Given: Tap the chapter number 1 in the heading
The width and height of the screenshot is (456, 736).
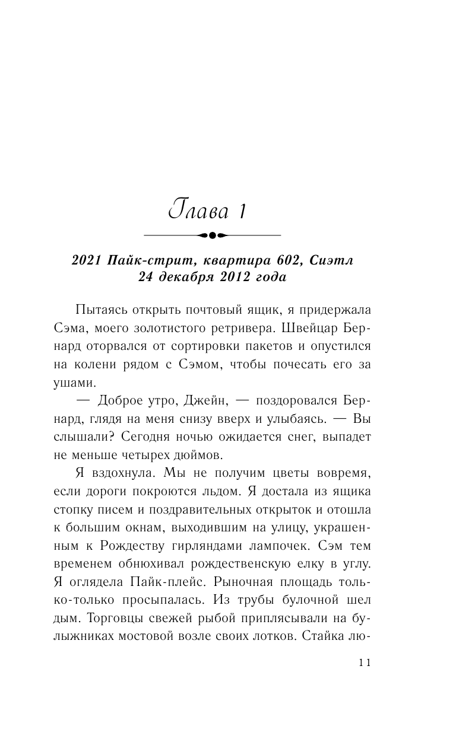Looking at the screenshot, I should pos(242,212).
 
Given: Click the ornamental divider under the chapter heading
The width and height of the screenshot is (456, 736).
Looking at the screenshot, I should pos(213,235).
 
